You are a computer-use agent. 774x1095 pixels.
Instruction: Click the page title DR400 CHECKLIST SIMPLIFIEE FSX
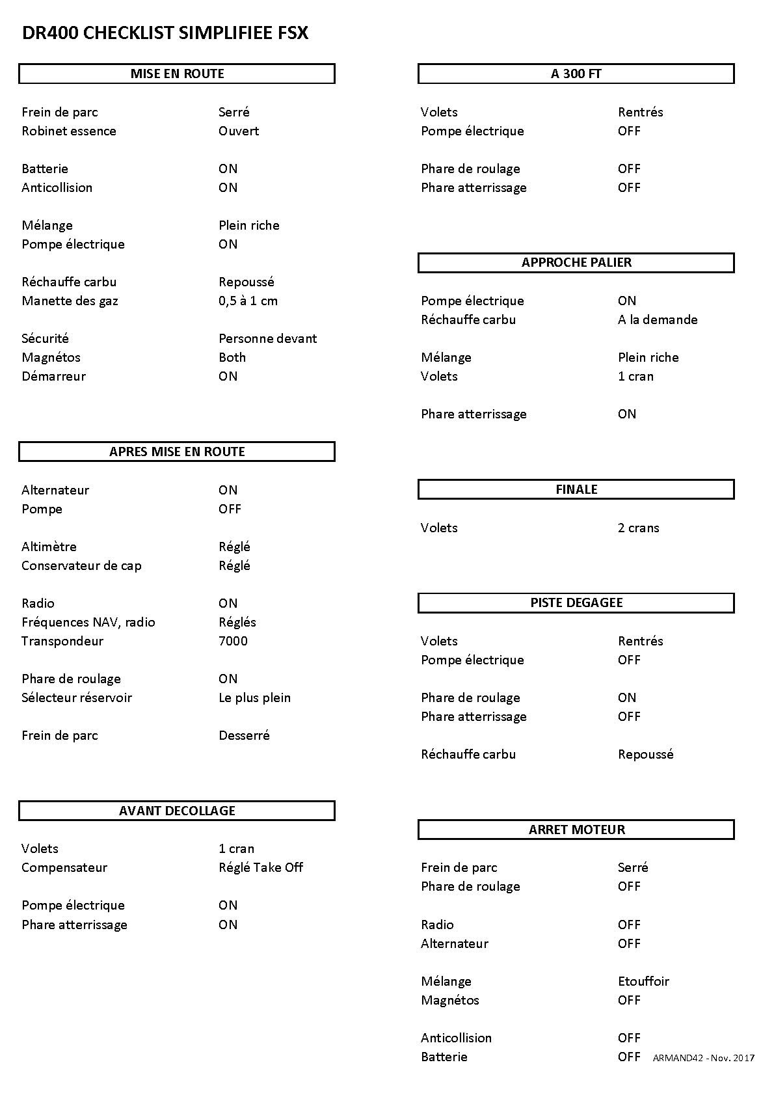(165, 33)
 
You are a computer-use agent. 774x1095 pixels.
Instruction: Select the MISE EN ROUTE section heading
(177, 74)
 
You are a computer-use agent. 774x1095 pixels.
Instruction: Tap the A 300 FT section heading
(576, 74)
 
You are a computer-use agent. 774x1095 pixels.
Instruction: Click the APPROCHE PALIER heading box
(576, 262)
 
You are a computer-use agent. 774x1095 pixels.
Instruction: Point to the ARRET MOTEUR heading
(576, 830)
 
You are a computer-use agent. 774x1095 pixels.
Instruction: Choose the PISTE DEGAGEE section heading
(576, 602)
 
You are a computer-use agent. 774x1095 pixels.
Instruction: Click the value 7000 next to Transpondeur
(233, 641)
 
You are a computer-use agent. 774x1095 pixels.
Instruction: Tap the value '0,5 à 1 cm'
(248, 301)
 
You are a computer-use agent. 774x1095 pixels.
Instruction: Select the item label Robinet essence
(69, 131)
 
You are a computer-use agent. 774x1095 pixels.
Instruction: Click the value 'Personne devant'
(267, 338)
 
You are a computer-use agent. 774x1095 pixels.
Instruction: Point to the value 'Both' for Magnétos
(232, 357)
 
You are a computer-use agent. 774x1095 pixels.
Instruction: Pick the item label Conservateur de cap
(81, 565)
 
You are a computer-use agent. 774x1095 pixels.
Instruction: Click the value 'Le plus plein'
(254, 697)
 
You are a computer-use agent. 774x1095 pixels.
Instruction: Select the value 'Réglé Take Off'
(261, 867)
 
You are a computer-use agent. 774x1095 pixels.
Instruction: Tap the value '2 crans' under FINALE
(638, 528)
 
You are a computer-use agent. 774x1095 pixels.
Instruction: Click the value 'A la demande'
(658, 319)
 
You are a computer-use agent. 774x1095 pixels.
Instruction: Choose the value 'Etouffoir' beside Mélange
(643, 981)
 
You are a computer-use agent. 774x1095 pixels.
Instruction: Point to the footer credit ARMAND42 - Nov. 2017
(704, 1058)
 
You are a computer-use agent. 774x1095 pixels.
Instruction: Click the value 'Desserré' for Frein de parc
(244, 735)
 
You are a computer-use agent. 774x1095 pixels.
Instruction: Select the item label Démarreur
(53, 376)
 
